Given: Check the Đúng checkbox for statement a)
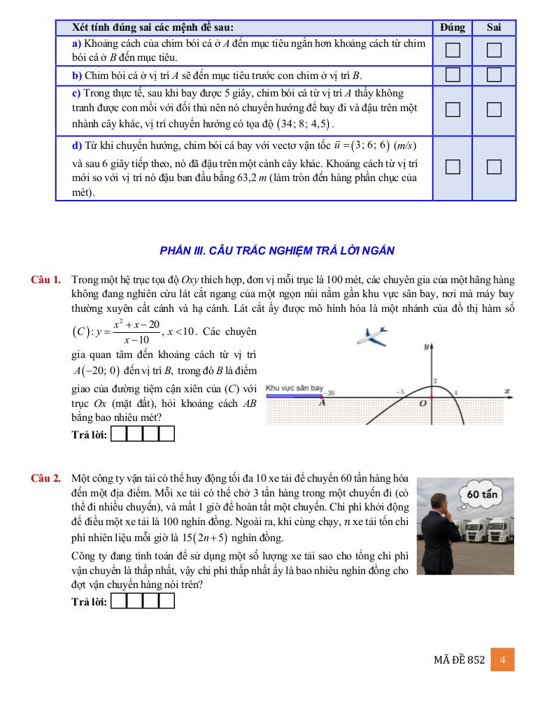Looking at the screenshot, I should coord(453,50).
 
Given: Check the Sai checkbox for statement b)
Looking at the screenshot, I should coord(495,76).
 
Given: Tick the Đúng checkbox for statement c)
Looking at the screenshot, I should coord(453,109).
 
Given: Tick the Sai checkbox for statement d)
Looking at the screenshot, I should coord(495,166).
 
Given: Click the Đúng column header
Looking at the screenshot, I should coord(453,27).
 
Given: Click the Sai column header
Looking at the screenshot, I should coord(495,27).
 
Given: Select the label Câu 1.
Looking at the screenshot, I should coord(45,280).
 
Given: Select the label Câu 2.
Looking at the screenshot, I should coord(45,478).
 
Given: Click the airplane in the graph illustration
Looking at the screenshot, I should coord(372,337).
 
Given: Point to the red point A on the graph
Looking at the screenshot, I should coord(322,397).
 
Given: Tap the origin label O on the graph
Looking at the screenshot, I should coord(422,403).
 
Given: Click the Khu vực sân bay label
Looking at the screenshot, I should coord(294,387).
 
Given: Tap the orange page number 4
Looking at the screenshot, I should coord(503,659).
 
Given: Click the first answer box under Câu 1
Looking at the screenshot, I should coord(120,434).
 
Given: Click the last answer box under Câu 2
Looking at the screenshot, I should coord(166,601).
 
